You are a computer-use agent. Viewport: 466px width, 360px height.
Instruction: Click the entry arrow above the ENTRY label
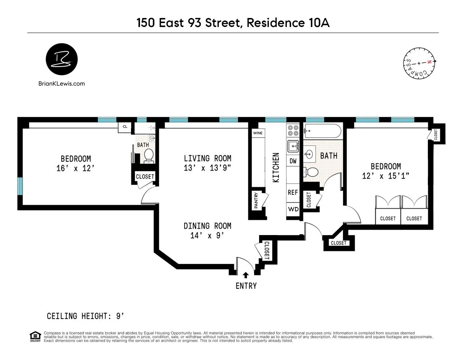[x=246, y=275]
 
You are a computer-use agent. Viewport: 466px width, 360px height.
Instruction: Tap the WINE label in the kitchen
[x=258, y=133]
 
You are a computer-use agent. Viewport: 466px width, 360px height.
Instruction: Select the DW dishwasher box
[x=293, y=161]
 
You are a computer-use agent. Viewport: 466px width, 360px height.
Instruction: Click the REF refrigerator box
[x=293, y=192]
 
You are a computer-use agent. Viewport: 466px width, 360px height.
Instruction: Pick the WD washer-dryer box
[x=293, y=209]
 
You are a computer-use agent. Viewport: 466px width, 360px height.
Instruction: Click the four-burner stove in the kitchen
[x=293, y=130]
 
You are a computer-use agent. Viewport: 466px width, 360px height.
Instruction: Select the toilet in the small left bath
[x=149, y=156]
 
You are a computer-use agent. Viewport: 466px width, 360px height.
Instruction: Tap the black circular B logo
[x=62, y=59]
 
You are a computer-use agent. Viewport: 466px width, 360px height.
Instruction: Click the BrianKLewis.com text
[x=62, y=84]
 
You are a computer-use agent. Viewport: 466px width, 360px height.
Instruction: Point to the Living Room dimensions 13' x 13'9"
[x=207, y=168]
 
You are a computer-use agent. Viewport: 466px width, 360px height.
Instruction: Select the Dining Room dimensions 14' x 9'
[x=207, y=235]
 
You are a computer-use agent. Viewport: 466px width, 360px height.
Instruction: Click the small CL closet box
[x=125, y=127]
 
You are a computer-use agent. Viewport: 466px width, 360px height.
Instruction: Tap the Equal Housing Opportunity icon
[x=35, y=336]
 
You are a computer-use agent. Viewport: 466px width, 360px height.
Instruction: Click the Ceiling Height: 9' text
[x=86, y=316]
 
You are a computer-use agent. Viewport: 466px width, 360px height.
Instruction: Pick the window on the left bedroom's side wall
[x=21, y=186]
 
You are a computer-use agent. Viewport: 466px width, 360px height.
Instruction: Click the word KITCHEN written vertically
[x=276, y=167]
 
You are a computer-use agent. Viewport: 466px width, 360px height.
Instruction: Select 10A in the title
[x=319, y=23]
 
